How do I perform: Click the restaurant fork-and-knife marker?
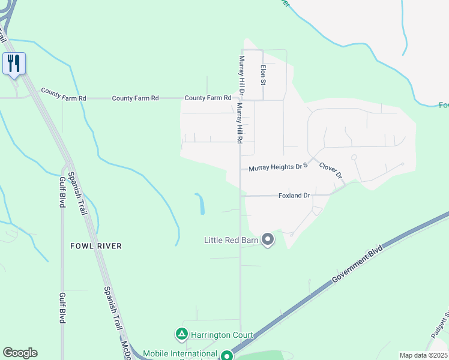coord(14,63)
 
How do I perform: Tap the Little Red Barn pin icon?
coord(268,240)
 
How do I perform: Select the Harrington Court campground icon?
coord(181,333)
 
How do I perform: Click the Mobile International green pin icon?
coord(226,355)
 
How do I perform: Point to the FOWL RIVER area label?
coord(96,246)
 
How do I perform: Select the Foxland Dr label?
coord(294,196)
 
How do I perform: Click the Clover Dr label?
coord(330,170)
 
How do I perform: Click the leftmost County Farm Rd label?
coord(64,94)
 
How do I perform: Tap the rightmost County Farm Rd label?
coord(208,98)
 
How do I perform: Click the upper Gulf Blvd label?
coord(62,191)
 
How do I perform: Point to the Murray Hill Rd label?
coord(239,123)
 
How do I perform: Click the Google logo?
coord(20,353)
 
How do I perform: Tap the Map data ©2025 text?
coord(424,355)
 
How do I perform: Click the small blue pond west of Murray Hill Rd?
coord(200,204)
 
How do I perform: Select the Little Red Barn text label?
coord(231,241)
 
